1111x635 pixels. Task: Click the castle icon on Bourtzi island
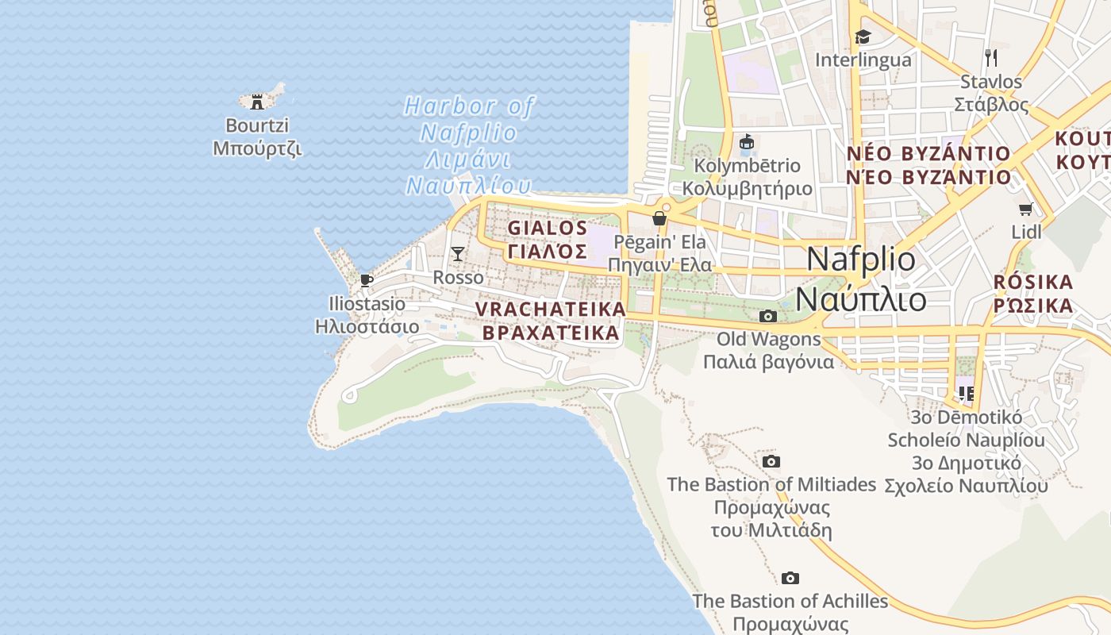pos(257,102)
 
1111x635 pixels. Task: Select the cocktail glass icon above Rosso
pos(458,254)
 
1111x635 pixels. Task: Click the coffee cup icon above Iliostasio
pos(367,280)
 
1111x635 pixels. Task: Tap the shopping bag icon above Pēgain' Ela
pos(659,218)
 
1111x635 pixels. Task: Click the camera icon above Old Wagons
pos(767,316)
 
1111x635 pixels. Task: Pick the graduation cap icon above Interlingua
pos(863,37)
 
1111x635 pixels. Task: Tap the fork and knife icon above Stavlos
pos(990,57)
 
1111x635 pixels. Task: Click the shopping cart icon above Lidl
pos(1026,210)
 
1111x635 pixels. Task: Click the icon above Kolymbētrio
pos(747,143)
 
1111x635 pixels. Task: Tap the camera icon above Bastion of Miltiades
pos(771,461)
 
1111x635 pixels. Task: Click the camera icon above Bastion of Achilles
pos(790,578)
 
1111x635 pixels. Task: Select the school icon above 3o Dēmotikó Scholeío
pos(966,393)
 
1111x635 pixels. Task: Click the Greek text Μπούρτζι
pos(257,148)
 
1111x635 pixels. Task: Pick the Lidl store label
pos(1027,233)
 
